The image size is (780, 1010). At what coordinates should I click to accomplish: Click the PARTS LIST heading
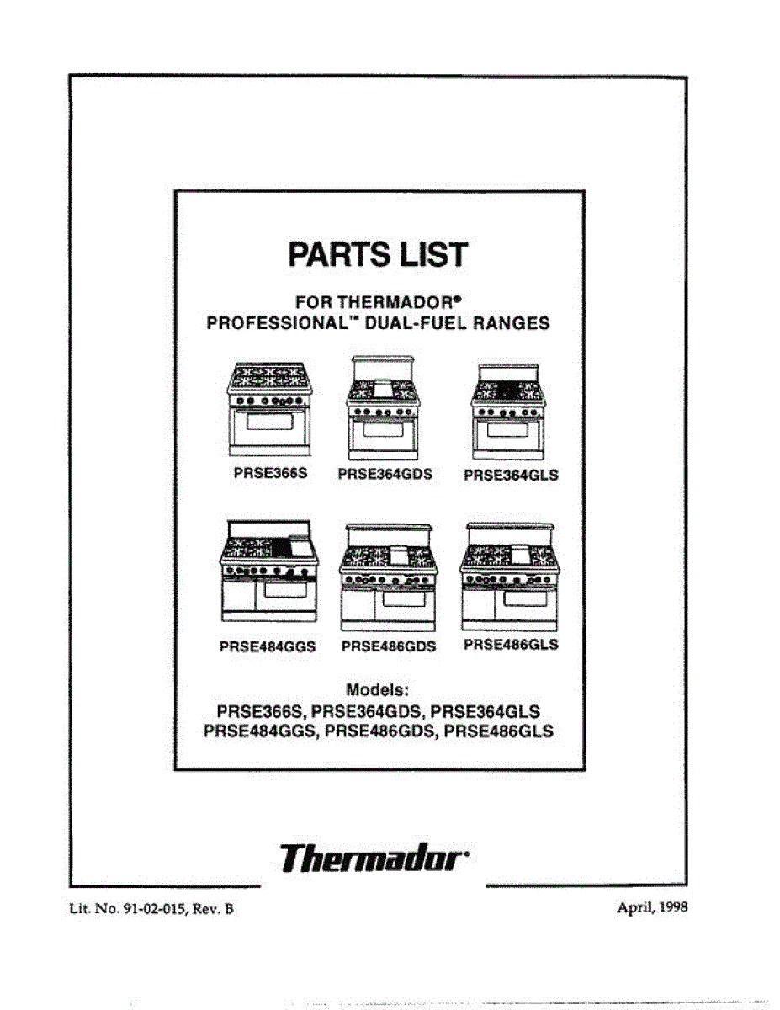(379, 254)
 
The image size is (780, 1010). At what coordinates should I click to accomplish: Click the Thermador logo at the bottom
(374, 859)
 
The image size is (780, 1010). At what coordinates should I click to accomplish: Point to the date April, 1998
(653, 908)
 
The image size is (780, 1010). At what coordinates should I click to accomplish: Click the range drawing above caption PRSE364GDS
(384, 406)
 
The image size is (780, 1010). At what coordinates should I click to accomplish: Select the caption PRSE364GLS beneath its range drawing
(511, 475)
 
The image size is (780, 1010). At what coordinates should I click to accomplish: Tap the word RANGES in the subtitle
(516, 322)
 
